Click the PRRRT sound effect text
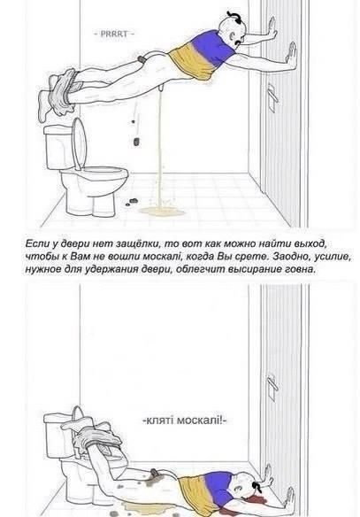(114, 34)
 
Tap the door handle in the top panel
(272, 96)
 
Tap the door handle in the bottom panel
(272, 387)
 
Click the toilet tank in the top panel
(58, 147)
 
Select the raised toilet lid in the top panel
(79, 143)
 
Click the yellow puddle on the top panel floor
(162, 212)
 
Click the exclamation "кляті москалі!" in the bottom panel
(185, 421)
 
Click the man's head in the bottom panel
(248, 485)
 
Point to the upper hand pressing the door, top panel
(272, 27)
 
